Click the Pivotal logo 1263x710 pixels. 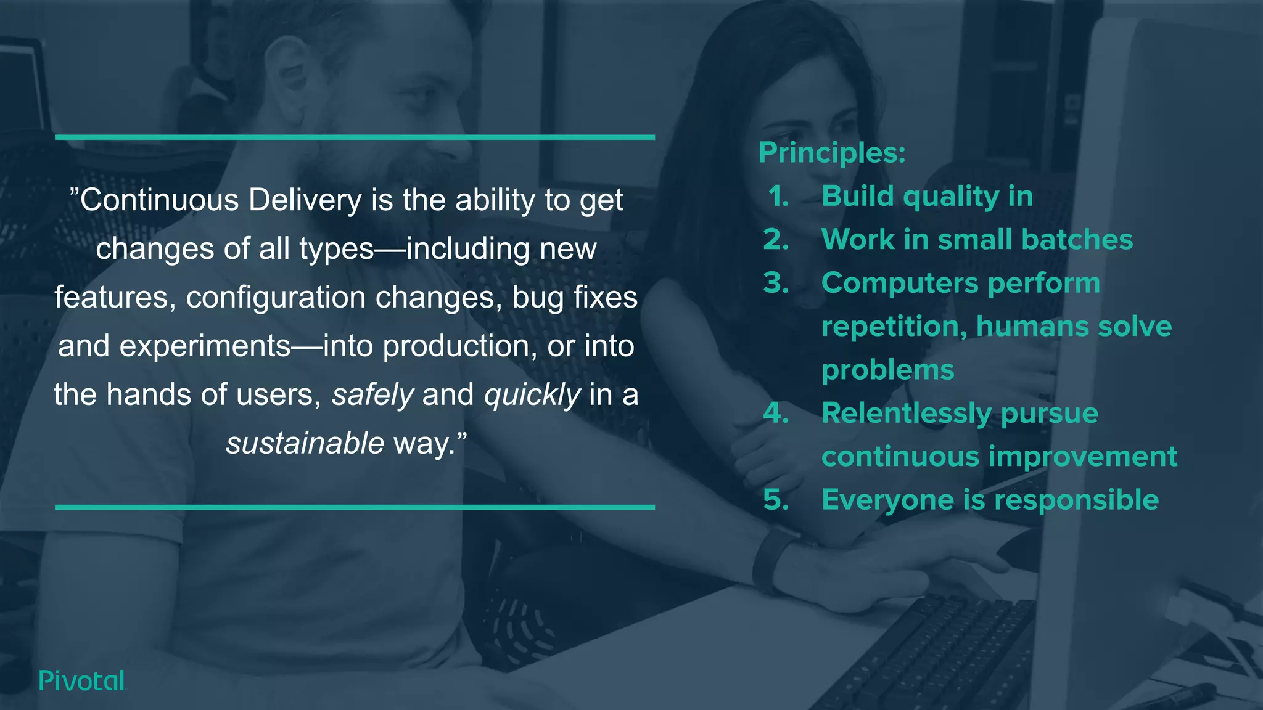point(81,680)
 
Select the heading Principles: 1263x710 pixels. point(832,153)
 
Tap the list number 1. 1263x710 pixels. point(778,197)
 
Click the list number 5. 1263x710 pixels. point(776,500)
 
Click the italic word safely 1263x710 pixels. point(372,395)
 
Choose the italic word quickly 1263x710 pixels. point(532,395)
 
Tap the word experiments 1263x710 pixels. point(205,346)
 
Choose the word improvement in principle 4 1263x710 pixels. point(1083,457)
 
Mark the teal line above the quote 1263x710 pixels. point(355,137)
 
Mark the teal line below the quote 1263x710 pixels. point(355,507)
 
